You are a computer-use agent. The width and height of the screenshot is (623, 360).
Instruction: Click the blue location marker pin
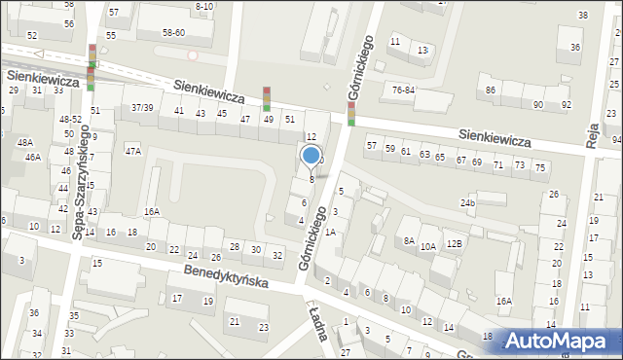(311, 156)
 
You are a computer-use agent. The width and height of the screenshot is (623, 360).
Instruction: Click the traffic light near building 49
(266, 99)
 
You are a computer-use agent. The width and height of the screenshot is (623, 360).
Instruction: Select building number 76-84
(403, 90)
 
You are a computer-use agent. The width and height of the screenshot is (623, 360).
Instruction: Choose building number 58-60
(173, 32)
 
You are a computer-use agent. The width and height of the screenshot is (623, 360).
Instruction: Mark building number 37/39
(142, 107)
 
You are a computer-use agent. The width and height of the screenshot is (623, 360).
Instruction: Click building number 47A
(132, 151)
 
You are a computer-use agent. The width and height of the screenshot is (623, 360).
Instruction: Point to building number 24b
(468, 203)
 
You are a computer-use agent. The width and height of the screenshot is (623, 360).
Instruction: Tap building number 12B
(454, 243)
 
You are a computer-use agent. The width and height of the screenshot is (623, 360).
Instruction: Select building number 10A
(427, 247)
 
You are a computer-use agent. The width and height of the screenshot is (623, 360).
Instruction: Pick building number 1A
(330, 232)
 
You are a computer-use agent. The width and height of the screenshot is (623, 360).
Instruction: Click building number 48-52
(70, 120)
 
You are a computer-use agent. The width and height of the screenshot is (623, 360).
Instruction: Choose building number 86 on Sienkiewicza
(491, 90)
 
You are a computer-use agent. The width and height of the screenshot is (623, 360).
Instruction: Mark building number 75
(539, 167)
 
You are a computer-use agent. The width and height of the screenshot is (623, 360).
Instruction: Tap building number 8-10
(204, 6)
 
